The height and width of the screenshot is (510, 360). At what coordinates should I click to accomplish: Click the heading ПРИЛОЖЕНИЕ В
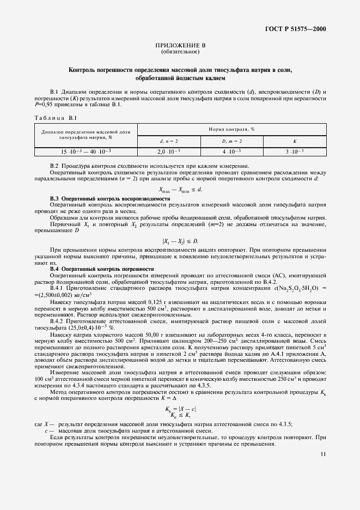point(180,46)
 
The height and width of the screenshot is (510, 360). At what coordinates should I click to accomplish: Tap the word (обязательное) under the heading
point(180,52)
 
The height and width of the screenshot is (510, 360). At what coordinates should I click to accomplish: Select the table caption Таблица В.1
point(49,118)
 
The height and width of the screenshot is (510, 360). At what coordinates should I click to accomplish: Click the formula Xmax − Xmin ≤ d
point(180,190)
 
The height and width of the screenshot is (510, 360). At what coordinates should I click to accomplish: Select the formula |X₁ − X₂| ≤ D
point(180,241)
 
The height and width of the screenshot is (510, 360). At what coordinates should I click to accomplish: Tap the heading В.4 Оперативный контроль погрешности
point(102,269)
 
